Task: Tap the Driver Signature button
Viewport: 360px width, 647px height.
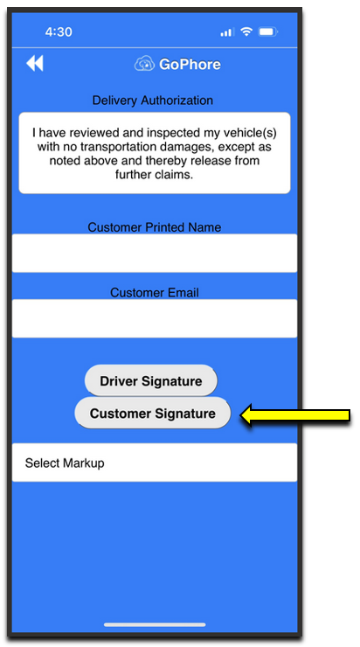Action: (x=151, y=380)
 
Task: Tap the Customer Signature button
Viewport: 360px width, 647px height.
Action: (x=153, y=413)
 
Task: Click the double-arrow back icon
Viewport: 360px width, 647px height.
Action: (x=35, y=64)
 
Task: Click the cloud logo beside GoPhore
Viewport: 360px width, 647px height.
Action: (x=144, y=65)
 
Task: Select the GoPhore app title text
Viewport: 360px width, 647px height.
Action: (x=190, y=65)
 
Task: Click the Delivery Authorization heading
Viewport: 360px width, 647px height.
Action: (x=153, y=101)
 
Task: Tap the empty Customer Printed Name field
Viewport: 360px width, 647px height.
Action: (x=155, y=253)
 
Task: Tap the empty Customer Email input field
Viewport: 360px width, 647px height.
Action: (x=155, y=318)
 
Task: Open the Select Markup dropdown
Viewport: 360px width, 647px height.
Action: (x=155, y=463)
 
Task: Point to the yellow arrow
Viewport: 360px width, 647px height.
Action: (x=294, y=415)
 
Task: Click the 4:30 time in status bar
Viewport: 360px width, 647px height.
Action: (x=59, y=32)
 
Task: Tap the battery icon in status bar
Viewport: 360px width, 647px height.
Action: (x=268, y=31)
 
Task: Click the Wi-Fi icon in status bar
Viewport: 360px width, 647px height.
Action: (x=246, y=31)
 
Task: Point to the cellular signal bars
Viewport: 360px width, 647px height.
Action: (x=227, y=32)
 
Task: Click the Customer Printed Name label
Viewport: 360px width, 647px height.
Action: (x=155, y=227)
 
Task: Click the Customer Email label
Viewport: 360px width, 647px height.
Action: (x=155, y=293)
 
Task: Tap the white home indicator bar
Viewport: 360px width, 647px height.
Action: (x=155, y=625)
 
